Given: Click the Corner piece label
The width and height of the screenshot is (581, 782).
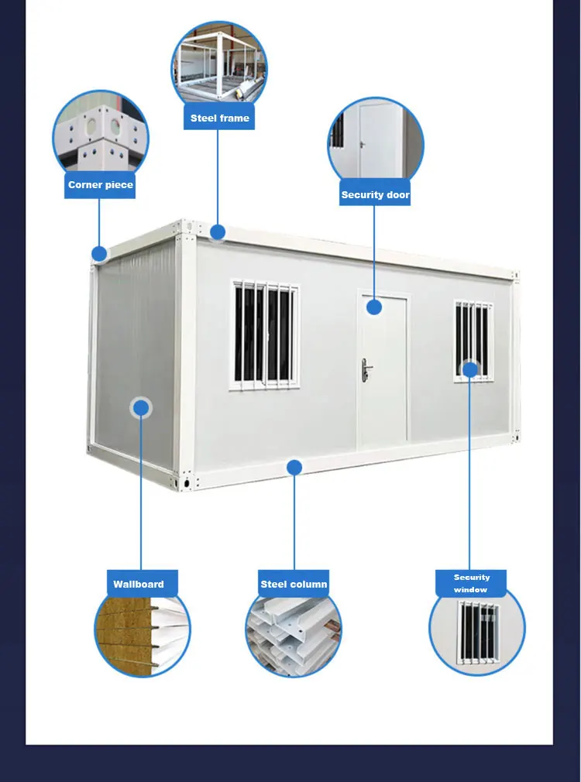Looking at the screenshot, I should point(100,185).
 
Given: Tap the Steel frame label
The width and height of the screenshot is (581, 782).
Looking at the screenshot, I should point(220,118).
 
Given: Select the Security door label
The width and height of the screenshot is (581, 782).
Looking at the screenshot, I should point(375,194).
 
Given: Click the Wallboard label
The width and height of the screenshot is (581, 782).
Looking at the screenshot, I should point(139,584).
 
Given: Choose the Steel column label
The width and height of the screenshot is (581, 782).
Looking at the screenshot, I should point(294,584).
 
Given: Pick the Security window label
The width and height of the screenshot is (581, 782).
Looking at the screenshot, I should point(471,583).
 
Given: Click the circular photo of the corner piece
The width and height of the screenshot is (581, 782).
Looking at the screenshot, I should point(100,135).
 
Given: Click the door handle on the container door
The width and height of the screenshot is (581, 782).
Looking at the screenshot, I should point(365,370).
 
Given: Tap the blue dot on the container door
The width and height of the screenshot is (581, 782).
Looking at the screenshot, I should point(374,307).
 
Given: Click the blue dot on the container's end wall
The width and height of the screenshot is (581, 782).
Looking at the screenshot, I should point(141,408).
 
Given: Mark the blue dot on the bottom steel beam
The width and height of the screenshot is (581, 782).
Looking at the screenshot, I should point(294,467).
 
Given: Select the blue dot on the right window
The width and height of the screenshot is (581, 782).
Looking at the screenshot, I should point(470,369).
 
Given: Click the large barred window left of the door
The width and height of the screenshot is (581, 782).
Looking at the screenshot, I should point(265,334).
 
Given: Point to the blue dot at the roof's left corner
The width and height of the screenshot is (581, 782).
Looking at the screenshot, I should point(99,253).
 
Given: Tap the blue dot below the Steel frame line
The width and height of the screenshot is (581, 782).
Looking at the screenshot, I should point(218,232).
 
